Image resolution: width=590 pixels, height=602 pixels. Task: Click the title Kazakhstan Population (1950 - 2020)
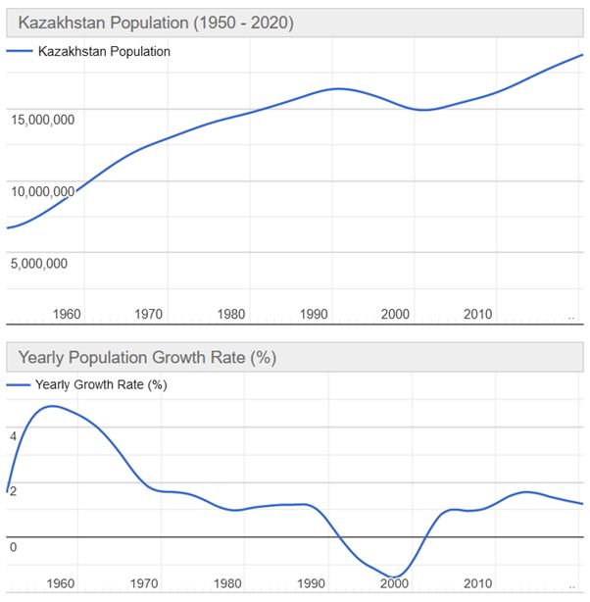(156, 23)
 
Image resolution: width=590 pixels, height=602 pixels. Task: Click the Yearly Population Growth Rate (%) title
(147, 358)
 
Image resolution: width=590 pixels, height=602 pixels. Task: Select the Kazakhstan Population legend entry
(104, 52)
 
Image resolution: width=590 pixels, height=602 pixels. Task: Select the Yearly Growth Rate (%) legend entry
(101, 385)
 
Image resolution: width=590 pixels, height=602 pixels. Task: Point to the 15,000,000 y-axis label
(43, 120)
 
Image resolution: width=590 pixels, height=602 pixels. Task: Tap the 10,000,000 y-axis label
(43, 191)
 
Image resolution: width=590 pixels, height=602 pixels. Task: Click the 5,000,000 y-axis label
(40, 263)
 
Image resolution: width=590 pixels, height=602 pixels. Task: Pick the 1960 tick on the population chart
(67, 314)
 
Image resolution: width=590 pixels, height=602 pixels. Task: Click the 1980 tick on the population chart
(231, 314)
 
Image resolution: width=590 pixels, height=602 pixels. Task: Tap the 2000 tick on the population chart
(395, 314)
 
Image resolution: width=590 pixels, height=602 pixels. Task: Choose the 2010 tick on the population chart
(477, 314)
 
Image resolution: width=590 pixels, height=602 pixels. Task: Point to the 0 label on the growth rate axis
(14, 546)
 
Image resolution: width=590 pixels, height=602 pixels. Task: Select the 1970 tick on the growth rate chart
(144, 583)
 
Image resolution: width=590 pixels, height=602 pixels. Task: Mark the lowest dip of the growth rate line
(392, 577)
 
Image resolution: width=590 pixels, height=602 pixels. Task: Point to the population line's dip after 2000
(421, 110)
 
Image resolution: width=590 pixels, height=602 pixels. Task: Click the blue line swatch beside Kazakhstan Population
(19, 52)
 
